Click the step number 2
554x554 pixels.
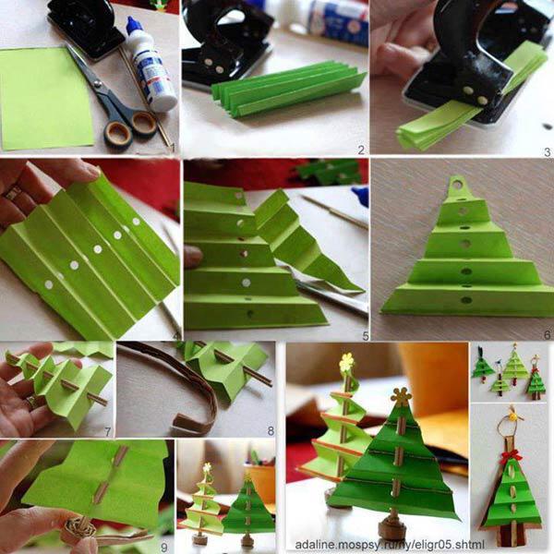point(360,149)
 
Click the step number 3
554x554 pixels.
point(545,149)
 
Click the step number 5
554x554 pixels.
point(364,335)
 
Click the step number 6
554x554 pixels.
point(546,335)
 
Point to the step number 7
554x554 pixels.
point(108,431)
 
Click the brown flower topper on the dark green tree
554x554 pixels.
point(402,397)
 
